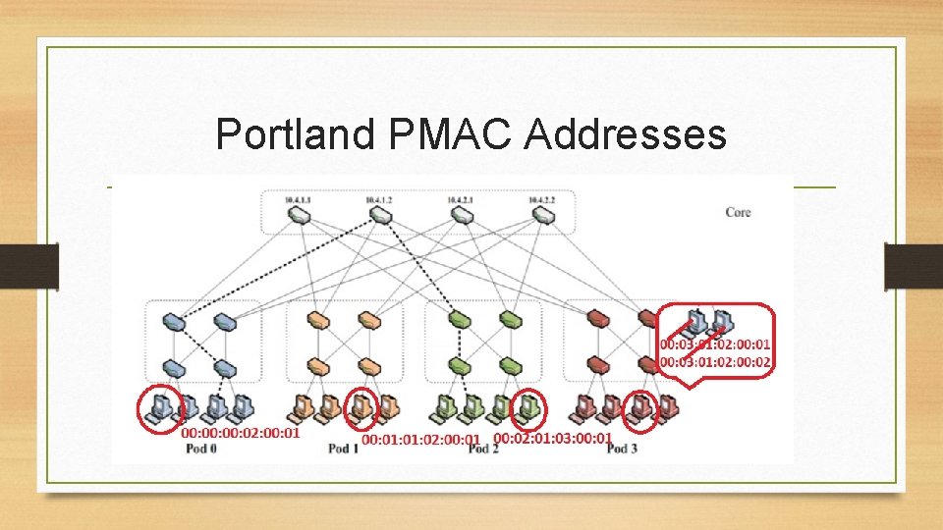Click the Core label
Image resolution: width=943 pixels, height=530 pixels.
(x=738, y=212)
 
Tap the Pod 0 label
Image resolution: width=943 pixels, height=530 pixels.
(x=200, y=449)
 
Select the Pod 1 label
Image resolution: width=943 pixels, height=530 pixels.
(x=343, y=449)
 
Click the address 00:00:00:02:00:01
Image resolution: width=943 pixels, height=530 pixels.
(x=241, y=432)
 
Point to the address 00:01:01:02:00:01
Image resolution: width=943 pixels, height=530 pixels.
(x=421, y=440)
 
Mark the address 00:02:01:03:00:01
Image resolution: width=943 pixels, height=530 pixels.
(x=552, y=438)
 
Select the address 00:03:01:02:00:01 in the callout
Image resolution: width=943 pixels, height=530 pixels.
(x=715, y=345)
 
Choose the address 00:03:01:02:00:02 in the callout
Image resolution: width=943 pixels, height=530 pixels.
(x=715, y=362)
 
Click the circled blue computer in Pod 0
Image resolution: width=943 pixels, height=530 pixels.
(x=157, y=407)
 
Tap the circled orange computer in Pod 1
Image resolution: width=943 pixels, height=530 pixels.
(x=362, y=407)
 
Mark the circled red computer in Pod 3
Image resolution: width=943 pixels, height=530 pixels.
(x=642, y=407)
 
